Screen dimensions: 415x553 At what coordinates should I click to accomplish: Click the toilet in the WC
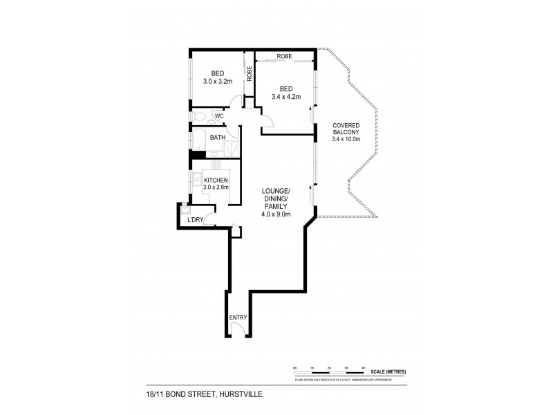pyautogui.click(x=198, y=116)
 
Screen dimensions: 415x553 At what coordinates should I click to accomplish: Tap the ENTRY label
pyautogui.click(x=238, y=317)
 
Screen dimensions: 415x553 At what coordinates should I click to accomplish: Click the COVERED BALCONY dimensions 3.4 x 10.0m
pyautogui.click(x=346, y=139)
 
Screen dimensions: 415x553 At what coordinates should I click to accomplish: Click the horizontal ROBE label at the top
pyautogui.click(x=285, y=55)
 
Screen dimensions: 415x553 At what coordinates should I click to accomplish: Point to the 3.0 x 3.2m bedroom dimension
pyautogui.click(x=217, y=81)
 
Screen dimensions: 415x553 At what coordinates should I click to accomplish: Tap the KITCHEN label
pyautogui.click(x=216, y=180)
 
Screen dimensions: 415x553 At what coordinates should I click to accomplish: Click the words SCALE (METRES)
pyautogui.click(x=388, y=371)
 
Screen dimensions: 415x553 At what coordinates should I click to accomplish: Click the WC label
pyautogui.click(x=218, y=116)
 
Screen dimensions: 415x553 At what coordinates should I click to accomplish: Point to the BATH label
pyautogui.click(x=218, y=137)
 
